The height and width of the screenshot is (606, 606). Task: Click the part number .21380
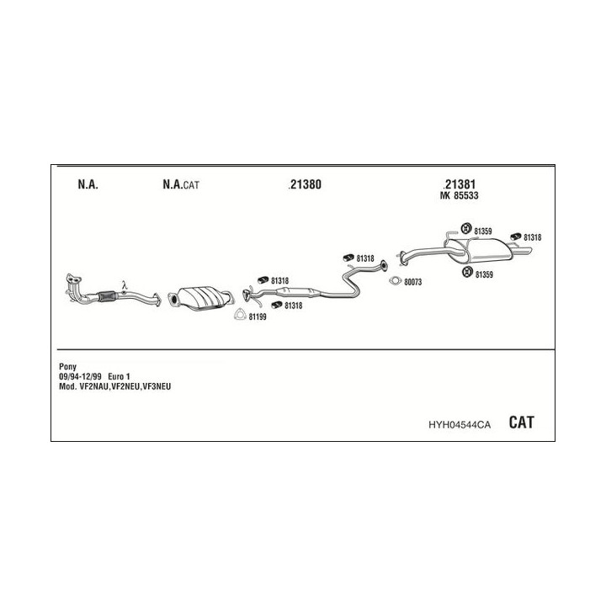coord(305,184)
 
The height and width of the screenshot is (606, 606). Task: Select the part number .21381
coord(460,184)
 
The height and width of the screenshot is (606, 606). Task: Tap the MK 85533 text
coord(460,195)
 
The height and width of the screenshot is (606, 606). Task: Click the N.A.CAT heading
coord(181,184)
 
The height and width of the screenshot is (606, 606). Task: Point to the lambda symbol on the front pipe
coord(124,285)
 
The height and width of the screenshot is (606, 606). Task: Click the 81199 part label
coord(258,317)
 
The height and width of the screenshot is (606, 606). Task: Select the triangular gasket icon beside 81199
coord(240,315)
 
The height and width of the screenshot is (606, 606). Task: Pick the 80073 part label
coord(412,282)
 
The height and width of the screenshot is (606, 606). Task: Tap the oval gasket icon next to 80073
coord(396,281)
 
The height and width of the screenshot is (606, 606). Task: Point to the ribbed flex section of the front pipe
coord(107,296)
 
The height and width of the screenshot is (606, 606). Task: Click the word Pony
coord(67,366)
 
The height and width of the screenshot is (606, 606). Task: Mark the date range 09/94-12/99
coord(80,376)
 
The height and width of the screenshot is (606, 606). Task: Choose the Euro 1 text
coord(119,376)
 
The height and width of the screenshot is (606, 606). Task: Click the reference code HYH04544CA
coord(460,425)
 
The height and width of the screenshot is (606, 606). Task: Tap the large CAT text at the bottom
coord(521,422)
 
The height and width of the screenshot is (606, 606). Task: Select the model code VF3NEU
coord(157,386)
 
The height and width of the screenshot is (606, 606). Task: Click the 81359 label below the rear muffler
coord(484,274)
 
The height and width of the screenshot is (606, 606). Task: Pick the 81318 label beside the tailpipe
coord(532,237)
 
